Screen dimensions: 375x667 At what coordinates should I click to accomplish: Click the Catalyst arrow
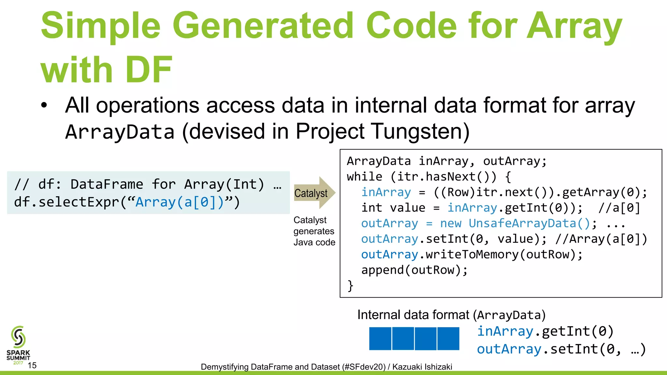pos(313,193)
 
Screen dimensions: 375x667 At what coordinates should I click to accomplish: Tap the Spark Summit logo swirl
pos(18,337)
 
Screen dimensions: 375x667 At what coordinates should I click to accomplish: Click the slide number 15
pos(32,365)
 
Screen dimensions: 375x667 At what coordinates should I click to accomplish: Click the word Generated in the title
pos(263,26)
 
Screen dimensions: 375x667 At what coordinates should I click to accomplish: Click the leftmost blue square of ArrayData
pos(380,339)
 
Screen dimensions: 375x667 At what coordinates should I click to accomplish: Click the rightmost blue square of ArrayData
pos(448,339)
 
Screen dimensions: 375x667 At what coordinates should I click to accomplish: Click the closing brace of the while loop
pos(350,286)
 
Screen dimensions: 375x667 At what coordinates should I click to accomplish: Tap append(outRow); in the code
pos(414,270)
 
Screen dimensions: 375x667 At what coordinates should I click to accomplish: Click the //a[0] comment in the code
pos(619,208)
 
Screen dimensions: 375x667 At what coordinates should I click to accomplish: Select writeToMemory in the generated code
pos(472,255)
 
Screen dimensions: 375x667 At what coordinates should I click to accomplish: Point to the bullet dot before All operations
pos(44,105)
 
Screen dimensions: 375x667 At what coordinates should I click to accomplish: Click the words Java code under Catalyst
pos(314,243)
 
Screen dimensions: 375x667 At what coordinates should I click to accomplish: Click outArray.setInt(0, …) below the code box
pos(561,349)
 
